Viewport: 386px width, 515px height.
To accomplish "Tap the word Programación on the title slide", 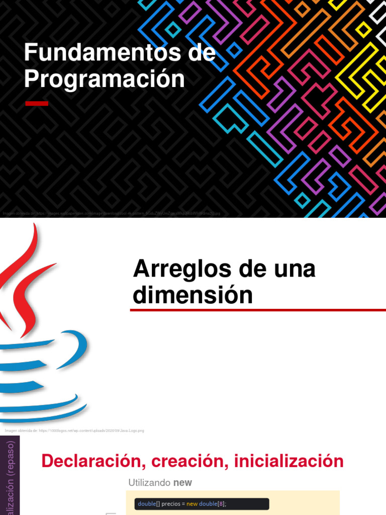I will pos(105,79).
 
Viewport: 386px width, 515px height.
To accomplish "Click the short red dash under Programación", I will pos(37,104).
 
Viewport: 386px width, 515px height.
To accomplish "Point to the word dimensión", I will pos(192,295).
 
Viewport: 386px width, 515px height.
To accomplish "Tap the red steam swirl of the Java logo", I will pos(25,282).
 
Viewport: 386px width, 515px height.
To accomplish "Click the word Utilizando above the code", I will pos(150,483).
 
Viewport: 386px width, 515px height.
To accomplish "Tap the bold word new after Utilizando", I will pos(182,483).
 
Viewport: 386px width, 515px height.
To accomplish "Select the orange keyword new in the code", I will pos(192,504).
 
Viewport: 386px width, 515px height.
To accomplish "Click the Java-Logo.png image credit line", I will pos(74,431).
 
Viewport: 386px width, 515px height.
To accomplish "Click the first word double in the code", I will pos(147,504).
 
